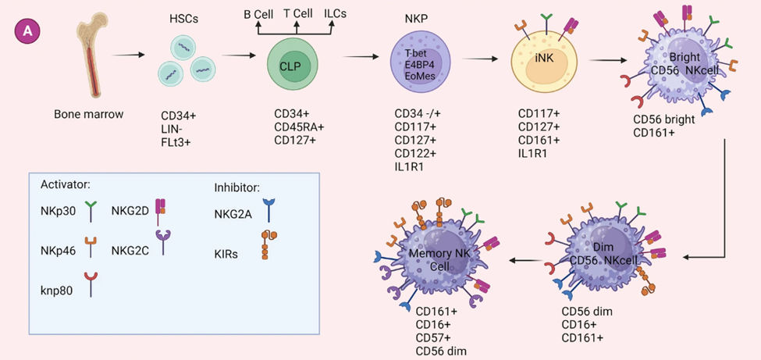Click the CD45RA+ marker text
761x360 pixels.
tap(299, 128)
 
